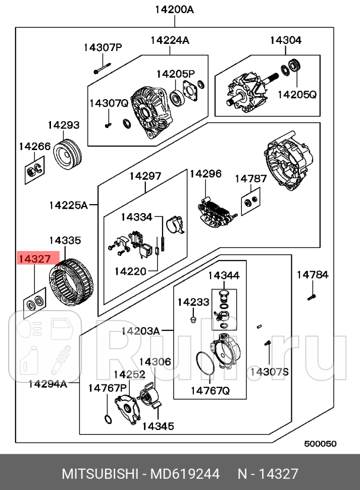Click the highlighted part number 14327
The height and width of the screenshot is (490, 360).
[34, 259]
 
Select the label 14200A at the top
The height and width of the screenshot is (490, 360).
[174, 9]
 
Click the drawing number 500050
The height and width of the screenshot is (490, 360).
[320, 444]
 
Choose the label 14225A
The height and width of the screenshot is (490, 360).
[68, 205]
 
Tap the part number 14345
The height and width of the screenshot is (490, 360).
[158, 426]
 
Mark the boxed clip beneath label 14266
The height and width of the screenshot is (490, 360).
[34, 172]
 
